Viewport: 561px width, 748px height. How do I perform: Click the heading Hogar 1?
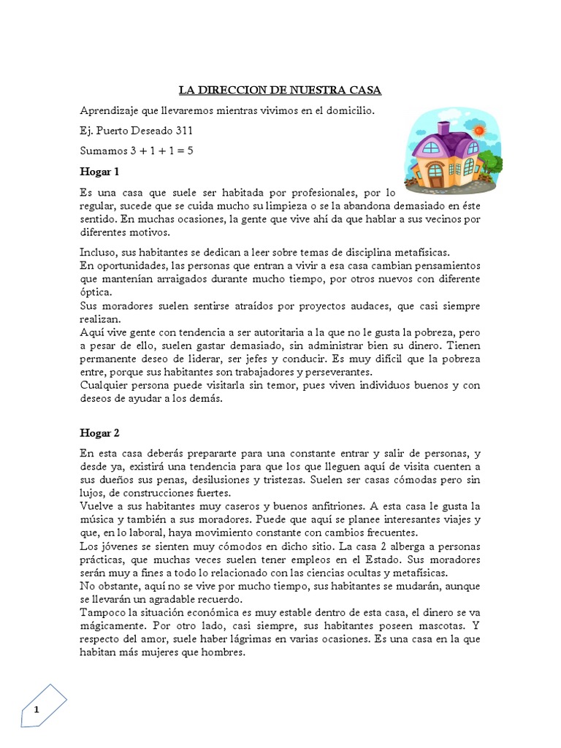coord(99,172)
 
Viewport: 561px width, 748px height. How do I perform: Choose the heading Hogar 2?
coord(99,432)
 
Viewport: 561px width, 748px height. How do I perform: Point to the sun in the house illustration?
coord(479,130)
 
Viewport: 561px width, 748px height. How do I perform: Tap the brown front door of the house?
coord(435,175)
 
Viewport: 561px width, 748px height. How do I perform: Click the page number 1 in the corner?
coord(36,709)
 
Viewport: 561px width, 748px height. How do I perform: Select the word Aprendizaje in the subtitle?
coord(110,110)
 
